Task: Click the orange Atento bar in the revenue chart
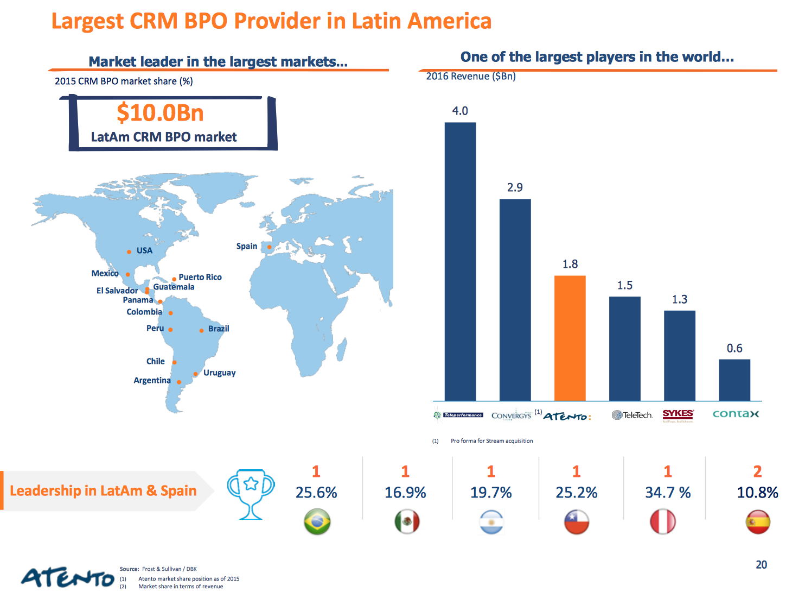(x=570, y=338)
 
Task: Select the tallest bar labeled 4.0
(x=460, y=261)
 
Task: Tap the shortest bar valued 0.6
(x=734, y=380)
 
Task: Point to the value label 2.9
(x=515, y=187)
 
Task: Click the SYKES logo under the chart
(x=678, y=415)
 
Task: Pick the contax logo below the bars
(x=736, y=414)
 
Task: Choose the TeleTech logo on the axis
(x=632, y=415)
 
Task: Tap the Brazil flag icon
(x=317, y=522)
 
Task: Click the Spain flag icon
(x=758, y=522)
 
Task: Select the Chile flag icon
(x=576, y=522)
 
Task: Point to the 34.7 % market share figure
(x=668, y=493)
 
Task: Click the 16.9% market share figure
(x=405, y=493)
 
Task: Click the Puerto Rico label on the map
(x=200, y=277)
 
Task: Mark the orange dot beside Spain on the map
(x=269, y=247)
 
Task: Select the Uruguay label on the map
(x=219, y=373)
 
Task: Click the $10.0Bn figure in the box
(x=160, y=113)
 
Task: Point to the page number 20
(x=761, y=565)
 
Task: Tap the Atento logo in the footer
(x=67, y=577)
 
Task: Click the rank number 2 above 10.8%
(x=757, y=471)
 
